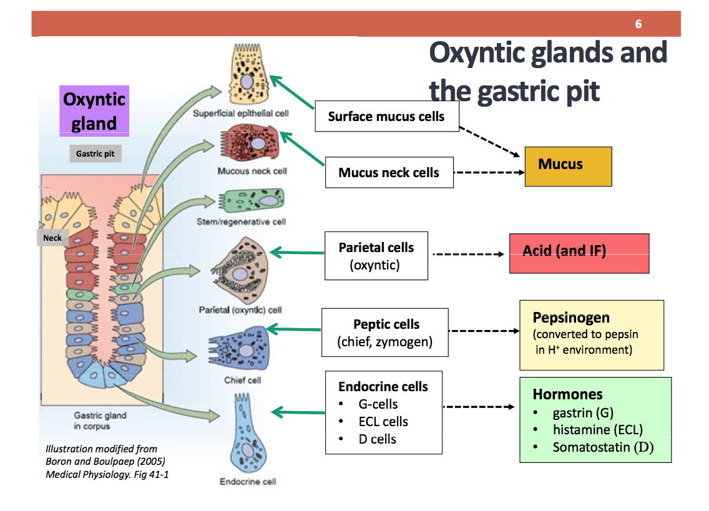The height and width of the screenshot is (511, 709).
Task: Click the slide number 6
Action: pos(638,24)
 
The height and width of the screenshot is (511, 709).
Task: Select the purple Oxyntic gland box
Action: pos(94,111)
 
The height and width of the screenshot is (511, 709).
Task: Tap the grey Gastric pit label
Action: pos(95,153)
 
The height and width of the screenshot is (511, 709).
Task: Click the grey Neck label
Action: pos(52,238)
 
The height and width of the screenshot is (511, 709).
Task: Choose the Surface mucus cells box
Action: pos(386,117)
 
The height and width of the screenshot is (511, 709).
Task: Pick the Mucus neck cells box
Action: pos(389,173)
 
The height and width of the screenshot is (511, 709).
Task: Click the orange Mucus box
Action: pos(568,165)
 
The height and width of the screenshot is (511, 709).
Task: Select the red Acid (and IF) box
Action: pos(579,253)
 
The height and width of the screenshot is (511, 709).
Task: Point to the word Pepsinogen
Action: pos(571,318)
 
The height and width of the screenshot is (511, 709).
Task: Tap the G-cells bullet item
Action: pos(378,404)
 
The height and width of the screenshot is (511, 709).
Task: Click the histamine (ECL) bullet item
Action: pos(597,430)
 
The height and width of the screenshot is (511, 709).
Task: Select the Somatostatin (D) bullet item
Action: pos(602,447)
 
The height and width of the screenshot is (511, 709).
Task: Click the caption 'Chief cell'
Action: pos(242,380)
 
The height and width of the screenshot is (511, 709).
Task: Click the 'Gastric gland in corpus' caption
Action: pos(100,421)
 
